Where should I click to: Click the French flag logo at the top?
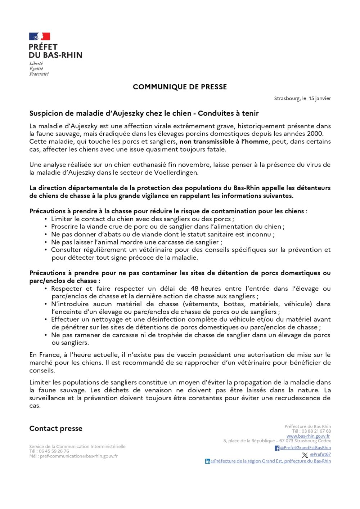pyautogui.click(x=40, y=36)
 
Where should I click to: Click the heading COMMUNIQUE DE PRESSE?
pyautogui.click(x=180, y=87)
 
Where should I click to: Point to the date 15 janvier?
pyautogui.click(x=320, y=98)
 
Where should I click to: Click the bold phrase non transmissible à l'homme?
pyautogui.click(x=224, y=142)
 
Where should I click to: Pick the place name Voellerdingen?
pyautogui.click(x=176, y=173)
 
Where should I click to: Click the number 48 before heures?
pyautogui.click(x=194, y=289)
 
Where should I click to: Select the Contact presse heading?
pyautogui.click(x=56, y=428)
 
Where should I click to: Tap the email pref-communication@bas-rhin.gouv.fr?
pyautogui.click(x=79, y=456)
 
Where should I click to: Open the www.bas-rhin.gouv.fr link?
pyautogui.click(x=308, y=436)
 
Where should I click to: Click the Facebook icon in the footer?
pyautogui.click(x=277, y=448)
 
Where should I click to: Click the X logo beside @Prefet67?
pyautogui.click(x=305, y=455)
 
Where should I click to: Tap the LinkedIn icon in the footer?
pyautogui.click(x=207, y=461)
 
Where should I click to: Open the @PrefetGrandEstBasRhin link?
pyautogui.click(x=306, y=448)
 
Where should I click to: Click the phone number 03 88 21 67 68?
pyautogui.click(x=316, y=431)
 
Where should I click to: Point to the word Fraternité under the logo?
pyautogui.click(x=39, y=74)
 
